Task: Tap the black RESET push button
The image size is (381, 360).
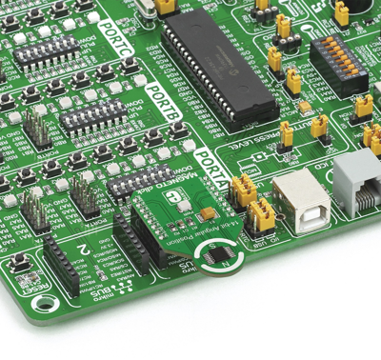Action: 22,264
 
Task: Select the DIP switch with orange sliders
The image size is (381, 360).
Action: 338,61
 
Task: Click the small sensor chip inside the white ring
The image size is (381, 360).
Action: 221,259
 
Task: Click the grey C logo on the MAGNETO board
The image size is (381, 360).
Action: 173,199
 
